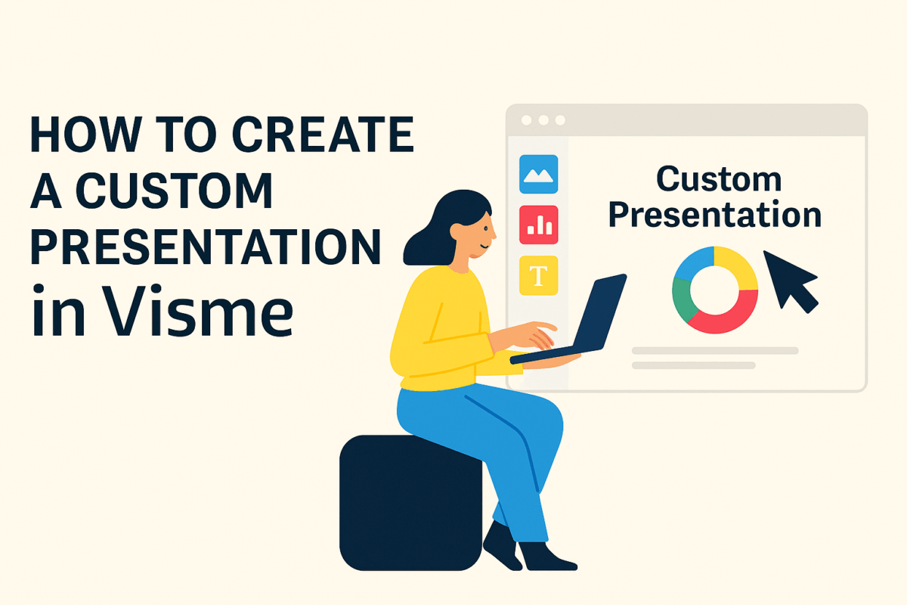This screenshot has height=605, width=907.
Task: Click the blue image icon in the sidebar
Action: [x=539, y=174]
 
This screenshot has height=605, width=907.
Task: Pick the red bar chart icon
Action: [x=539, y=225]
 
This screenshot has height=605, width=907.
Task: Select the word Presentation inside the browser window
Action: [x=714, y=215]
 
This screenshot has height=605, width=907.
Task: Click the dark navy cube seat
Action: [x=408, y=503]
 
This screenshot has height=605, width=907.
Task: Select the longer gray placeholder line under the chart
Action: [x=714, y=351]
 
